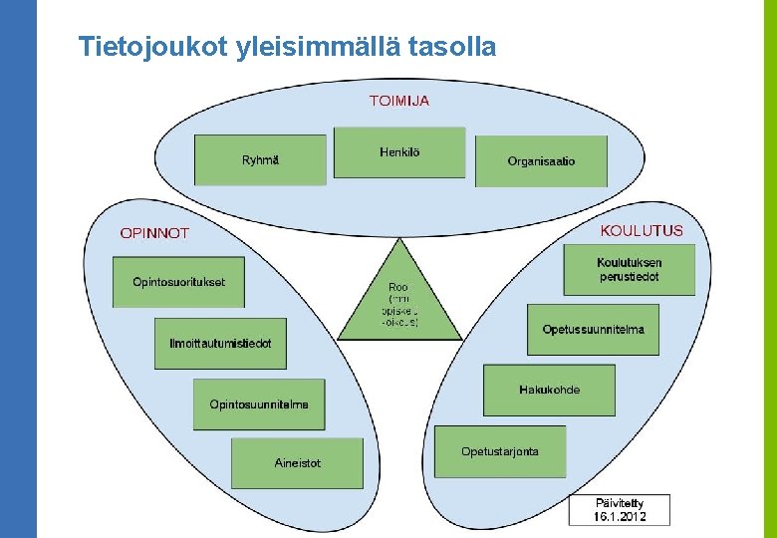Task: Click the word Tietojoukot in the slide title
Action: click(154, 46)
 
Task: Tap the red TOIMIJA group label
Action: click(399, 101)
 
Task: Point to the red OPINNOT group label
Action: click(154, 233)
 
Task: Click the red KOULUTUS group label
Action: click(642, 230)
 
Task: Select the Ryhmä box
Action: click(260, 160)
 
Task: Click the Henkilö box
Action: click(399, 152)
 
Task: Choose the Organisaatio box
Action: click(541, 161)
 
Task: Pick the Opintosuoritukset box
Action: click(179, 282)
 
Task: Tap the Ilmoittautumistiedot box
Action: click(220, 344)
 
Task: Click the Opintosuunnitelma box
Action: click(259, 404)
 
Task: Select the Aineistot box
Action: click(298, 463)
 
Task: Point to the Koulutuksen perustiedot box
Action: click(629, 270)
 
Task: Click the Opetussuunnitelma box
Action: click(593, 330)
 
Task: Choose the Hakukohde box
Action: click(549, 390)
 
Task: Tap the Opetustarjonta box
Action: click(500, 451)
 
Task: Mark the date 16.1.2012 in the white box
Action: click(620, 516)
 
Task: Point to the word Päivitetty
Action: click(620, 503)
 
